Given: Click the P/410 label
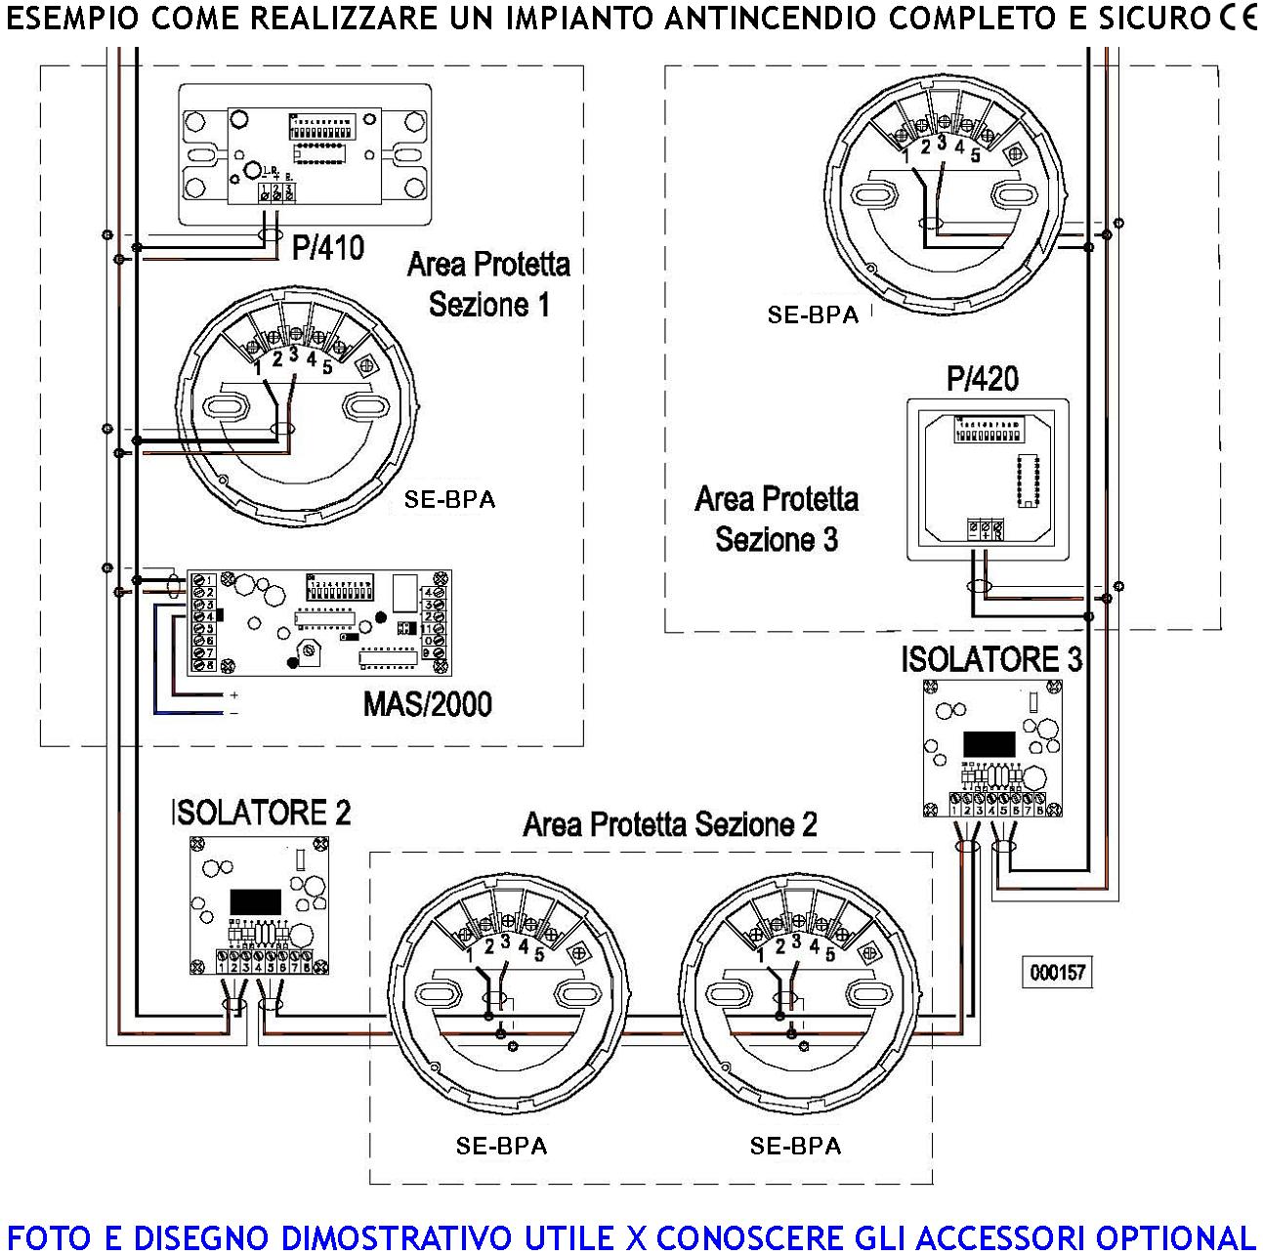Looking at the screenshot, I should (x=328, y=248).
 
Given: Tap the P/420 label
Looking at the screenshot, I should (x=982, y=379).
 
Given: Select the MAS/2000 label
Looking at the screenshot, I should (x=427, y=704).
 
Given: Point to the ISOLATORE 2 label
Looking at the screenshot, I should (x=261, y=813).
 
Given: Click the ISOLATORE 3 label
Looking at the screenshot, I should (x=991, y=659).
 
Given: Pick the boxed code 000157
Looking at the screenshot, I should (x=1058, y=973).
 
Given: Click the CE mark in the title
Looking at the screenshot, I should (x=1239, y=19).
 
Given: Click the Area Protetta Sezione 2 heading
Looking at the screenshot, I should (x=670, y=825).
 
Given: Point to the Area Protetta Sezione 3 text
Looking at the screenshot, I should (x=777, y=519).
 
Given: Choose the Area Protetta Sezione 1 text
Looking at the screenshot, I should (x=488, y=284).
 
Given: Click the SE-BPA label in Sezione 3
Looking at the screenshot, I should (x=812, y=314).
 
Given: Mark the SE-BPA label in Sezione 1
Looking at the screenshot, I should (x=449, y=500).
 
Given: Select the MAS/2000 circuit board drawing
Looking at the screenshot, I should (x=318, y=623).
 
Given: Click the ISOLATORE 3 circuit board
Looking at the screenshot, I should (x=991, y=749).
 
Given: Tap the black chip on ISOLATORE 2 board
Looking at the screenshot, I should (x=255, y=901).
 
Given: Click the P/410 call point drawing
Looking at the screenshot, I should (x=305, y=155).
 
